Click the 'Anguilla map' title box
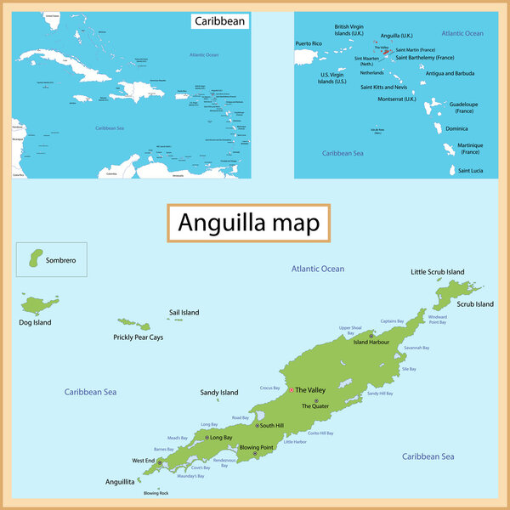(248, 223)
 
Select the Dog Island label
(35, 323)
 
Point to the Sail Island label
(184, 313)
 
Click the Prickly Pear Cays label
(138, 337)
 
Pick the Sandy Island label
(218, 393)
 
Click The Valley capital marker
(291, 389)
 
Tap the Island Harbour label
(371, 343)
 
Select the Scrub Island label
(475, 303)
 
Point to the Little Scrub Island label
(437, 272)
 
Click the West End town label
(143, 461)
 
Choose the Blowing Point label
(256, 447)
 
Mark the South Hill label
(272, 425)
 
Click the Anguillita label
(120, 481)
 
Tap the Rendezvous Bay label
(225, 463)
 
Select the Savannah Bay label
(416, 348)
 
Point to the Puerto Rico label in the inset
(309, 42)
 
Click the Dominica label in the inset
(456, 128)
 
